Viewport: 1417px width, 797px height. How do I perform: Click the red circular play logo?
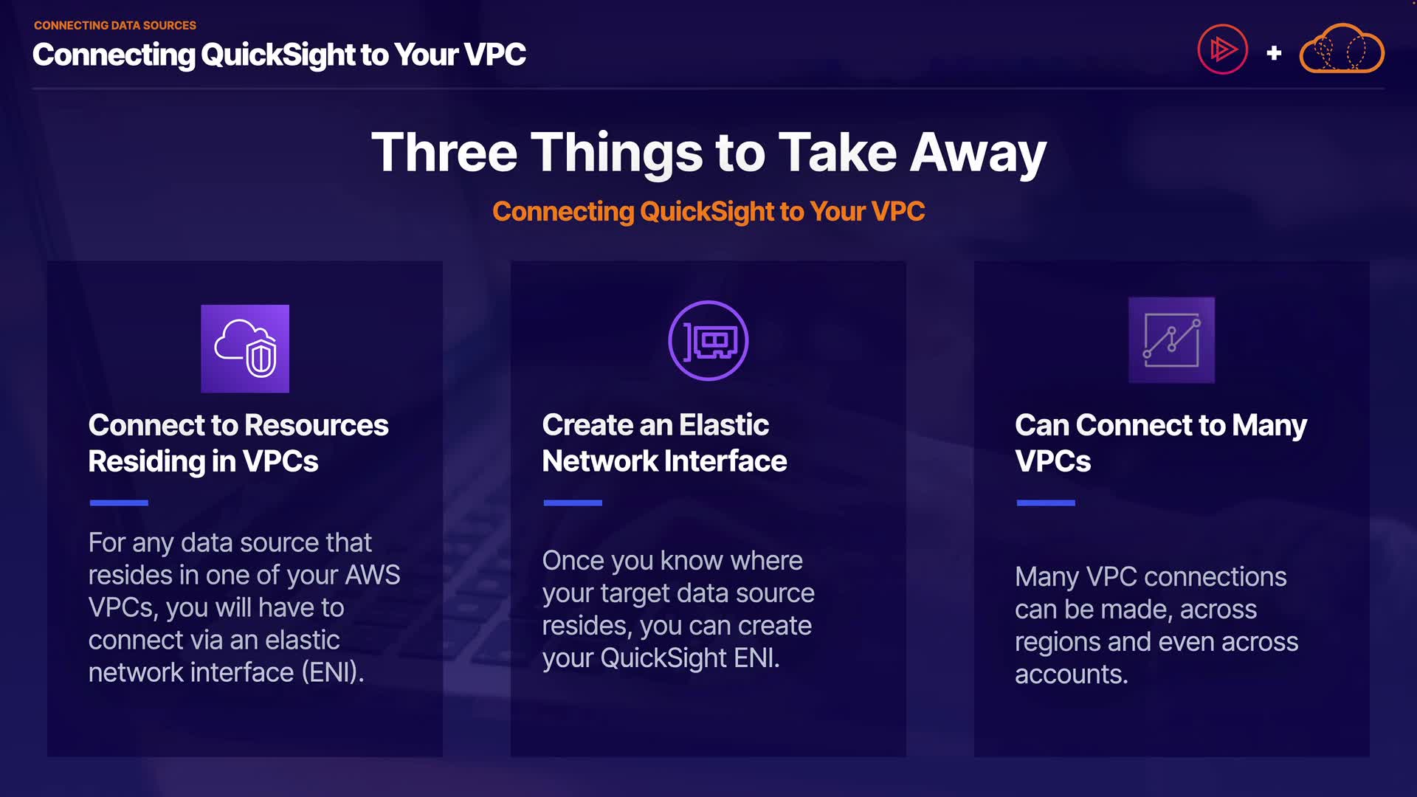pos(1222,49)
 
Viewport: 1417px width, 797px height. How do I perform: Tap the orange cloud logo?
pos(1341,49)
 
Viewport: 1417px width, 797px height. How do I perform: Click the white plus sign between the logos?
pos(1274,53)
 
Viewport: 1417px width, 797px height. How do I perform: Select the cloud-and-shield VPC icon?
pos(245,348)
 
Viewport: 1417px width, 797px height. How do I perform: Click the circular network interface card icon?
pos(708,340)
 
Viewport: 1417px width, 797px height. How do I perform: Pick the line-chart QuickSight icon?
pos(1171,340)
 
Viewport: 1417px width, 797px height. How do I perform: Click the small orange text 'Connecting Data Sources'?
pos(115,25)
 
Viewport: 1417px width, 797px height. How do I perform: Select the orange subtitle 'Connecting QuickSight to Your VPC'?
pos(708,211)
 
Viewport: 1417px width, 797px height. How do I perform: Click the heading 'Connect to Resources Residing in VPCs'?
pos(238,443)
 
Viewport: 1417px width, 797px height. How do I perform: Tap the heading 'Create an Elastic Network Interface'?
pos(664,443)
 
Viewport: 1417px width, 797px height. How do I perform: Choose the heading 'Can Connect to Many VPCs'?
pos(1161,443)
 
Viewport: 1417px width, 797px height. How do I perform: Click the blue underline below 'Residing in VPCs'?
pos(119,503)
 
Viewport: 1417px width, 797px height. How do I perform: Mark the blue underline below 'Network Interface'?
pos(573,503)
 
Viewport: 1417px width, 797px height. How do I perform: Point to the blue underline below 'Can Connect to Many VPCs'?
pos(1046,503)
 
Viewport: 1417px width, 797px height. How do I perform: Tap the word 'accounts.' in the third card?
pos(1072,674)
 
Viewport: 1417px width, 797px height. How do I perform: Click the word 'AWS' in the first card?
pos(373,575)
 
